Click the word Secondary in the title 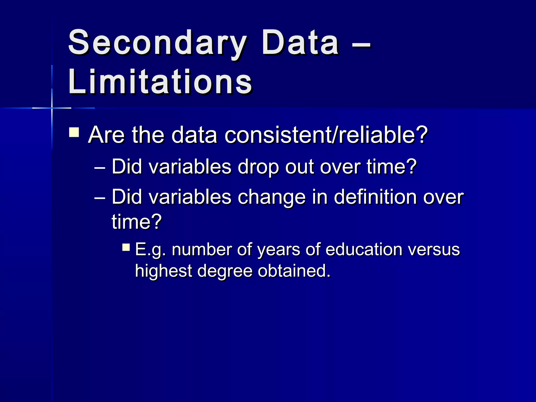pos(157,43)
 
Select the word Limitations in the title pos(160,82)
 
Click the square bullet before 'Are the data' pos(74,132)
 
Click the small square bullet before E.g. pos(126,247)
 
